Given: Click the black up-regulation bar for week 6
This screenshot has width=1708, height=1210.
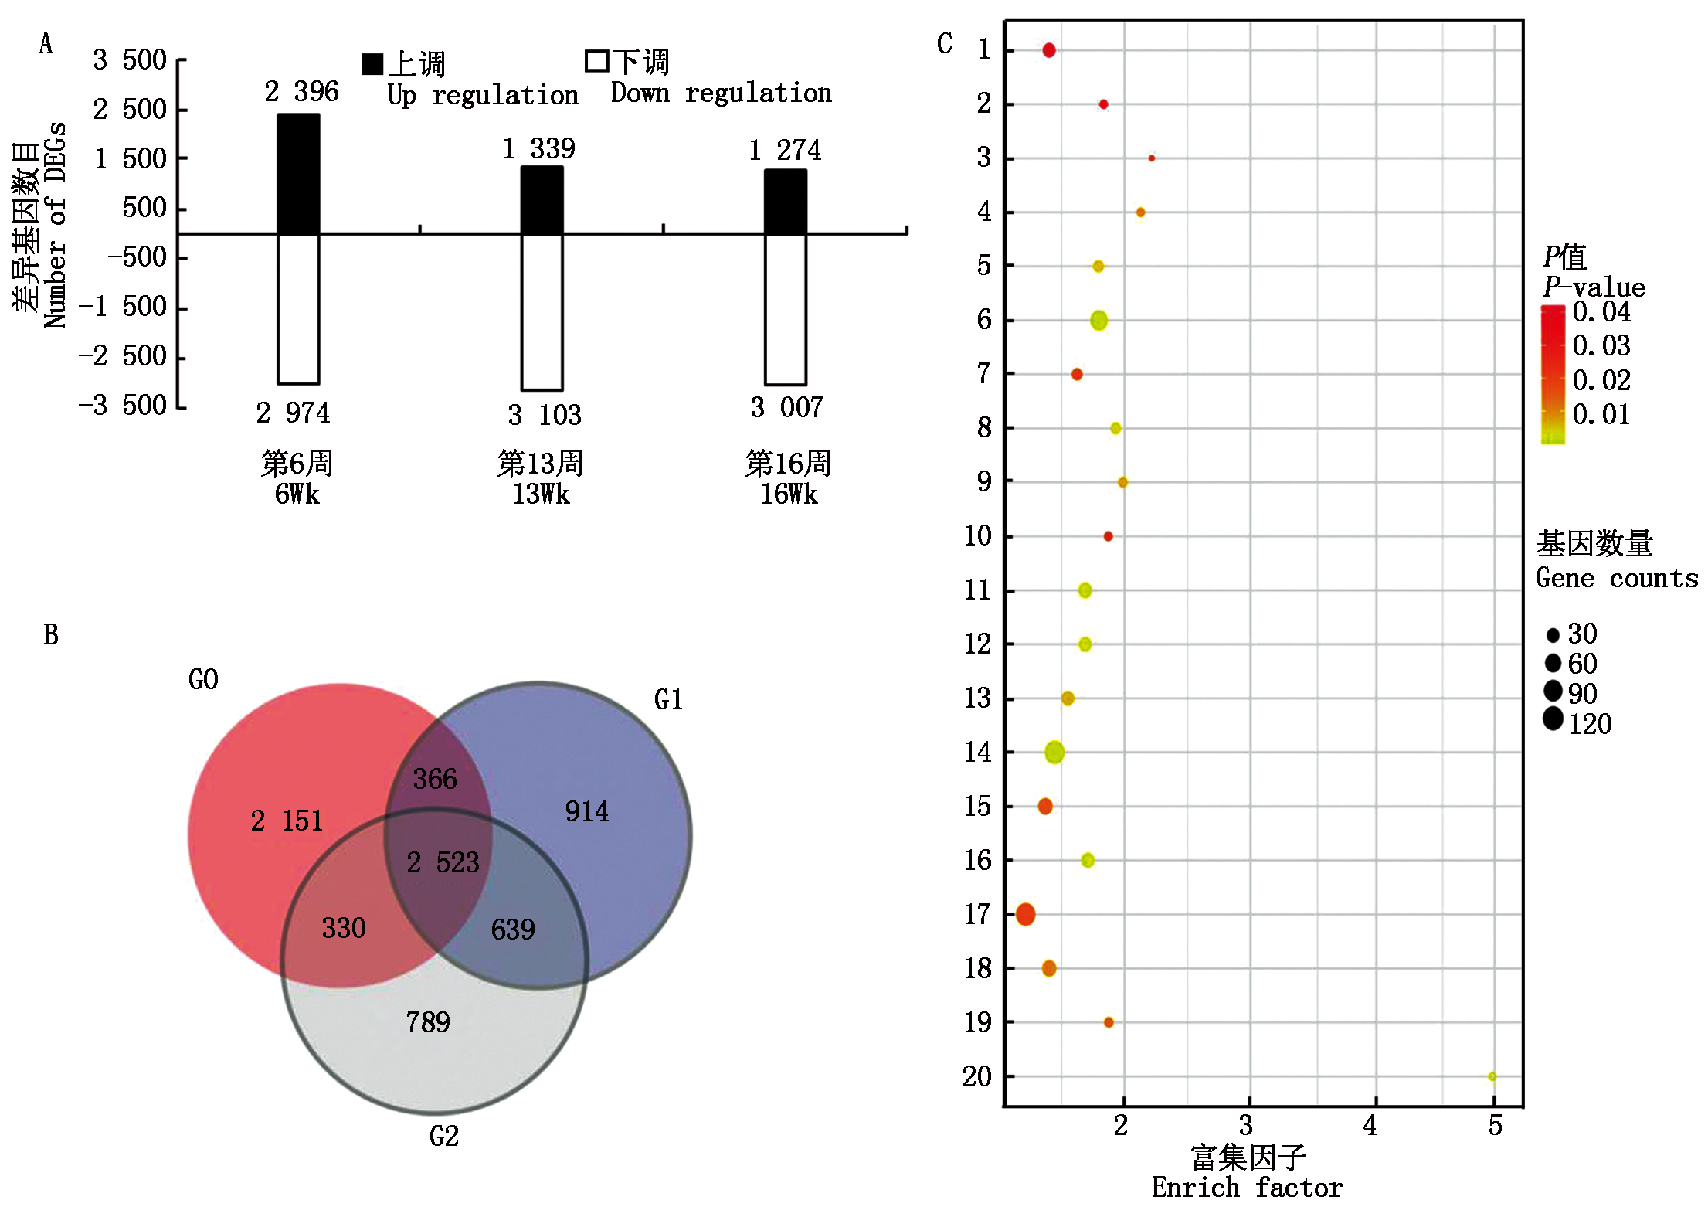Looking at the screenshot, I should (298, 174).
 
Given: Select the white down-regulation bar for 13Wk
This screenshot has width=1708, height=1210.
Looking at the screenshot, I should (542, 311).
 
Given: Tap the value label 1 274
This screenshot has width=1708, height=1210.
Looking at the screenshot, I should (785, 150).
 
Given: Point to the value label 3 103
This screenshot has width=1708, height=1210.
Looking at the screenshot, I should (544, 416).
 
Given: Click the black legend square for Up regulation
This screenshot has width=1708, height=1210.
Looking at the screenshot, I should (372, 64).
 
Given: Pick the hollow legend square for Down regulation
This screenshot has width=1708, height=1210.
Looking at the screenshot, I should (596, 61).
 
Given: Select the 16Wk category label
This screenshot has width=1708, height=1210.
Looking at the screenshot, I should (788, 495).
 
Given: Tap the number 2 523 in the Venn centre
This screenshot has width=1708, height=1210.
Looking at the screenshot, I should (443, 862).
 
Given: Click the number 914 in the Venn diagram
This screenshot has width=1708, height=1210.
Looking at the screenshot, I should (586, 811).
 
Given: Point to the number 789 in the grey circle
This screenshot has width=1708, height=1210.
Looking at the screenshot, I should (428, 1022).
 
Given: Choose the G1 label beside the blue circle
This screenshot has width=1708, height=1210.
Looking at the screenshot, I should (668, 700).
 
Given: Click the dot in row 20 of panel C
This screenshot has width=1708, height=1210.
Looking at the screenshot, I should (1492, 1076).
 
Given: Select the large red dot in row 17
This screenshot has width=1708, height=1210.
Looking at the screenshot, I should (1025, 915).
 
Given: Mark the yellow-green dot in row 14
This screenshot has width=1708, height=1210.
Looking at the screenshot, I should (1054, 752).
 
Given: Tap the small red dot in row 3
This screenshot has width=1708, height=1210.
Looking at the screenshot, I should (1151, 158).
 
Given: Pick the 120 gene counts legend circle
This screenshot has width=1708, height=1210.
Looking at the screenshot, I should (1553, 719).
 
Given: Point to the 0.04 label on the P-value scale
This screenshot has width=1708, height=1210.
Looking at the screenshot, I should (1601, 313).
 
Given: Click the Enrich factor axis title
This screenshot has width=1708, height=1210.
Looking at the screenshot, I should (1247, 1188).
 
